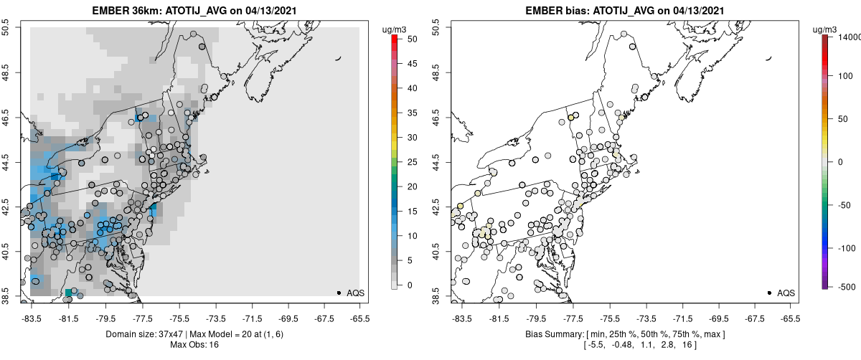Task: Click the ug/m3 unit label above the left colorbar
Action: [395, 29]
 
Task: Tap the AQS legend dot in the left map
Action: [339, 293]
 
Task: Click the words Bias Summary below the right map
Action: [548, 335]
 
